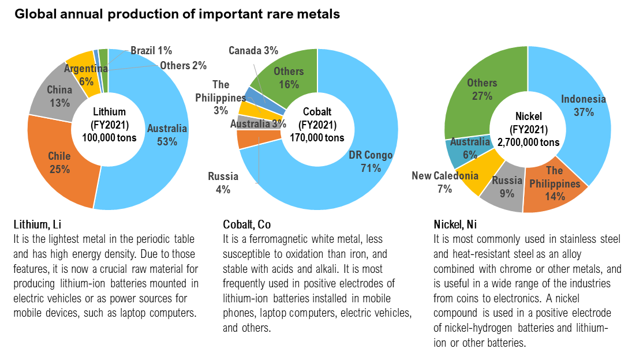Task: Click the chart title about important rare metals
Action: [x=177, y=14]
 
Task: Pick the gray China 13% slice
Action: [x=55, y=95]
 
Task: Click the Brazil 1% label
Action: [x=151, y=51]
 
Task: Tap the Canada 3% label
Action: [x=253, y=51]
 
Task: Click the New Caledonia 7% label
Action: [x=444, y=182]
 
